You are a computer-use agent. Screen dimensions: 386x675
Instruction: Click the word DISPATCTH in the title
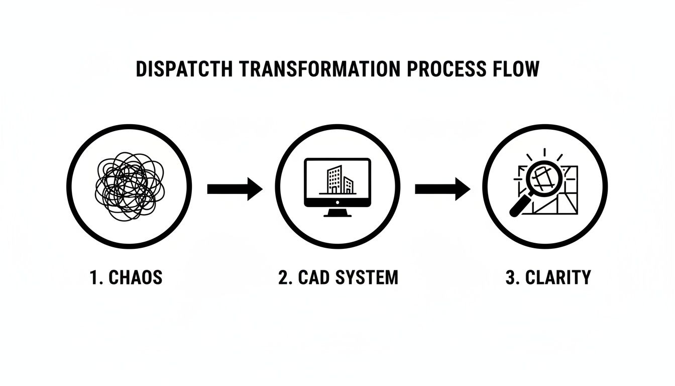coord(184,69)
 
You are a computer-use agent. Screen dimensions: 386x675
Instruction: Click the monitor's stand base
coord(338,214)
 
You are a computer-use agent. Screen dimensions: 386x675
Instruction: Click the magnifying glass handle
coord(517,209)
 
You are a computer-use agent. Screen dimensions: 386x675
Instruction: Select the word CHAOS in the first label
coord(136,277)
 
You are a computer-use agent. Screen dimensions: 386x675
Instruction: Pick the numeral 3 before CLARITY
coord(511,277)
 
